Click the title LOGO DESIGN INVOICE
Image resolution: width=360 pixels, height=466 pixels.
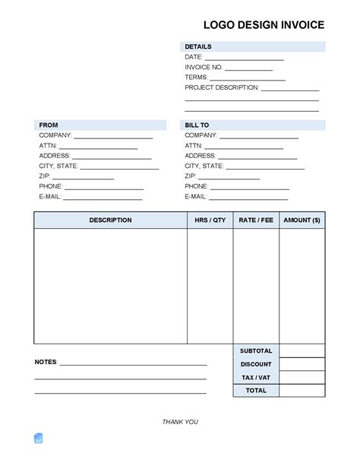[x=264, y=25]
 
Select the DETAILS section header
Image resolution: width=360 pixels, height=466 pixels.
[x=198, y=47]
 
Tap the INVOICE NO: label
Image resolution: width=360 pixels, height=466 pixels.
[x=204, y=68]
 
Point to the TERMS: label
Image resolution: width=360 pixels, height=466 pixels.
[x=196, y=78]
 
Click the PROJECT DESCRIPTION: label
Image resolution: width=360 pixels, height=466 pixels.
[x=222, y=87]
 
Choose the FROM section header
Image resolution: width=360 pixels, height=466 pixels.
[x=49, y=125]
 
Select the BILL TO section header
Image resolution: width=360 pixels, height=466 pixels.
[x=197, y=125]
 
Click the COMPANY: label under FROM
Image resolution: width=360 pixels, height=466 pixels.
[x=55, y=135]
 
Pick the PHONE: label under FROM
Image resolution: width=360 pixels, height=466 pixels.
[x=51, y=186]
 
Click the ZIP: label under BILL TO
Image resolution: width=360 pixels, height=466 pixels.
[x=191, y=176]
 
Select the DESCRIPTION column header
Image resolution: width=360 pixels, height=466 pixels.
[x=110, y=220]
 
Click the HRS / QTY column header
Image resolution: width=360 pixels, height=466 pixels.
[x=210, y=220]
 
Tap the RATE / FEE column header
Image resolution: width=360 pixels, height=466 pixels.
[x=256, y=220]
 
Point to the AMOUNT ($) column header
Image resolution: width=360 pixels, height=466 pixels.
[x=302, y=220]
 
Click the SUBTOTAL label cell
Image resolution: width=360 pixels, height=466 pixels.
[x=256, y=351]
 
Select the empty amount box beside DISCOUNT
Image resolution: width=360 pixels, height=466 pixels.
[x=302, y=364]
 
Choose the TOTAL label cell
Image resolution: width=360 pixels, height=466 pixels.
[x=256, y=391]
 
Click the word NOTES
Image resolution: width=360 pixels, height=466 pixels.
[x=46, y=362]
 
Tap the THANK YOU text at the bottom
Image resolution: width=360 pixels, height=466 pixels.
[x=180, y=422]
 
